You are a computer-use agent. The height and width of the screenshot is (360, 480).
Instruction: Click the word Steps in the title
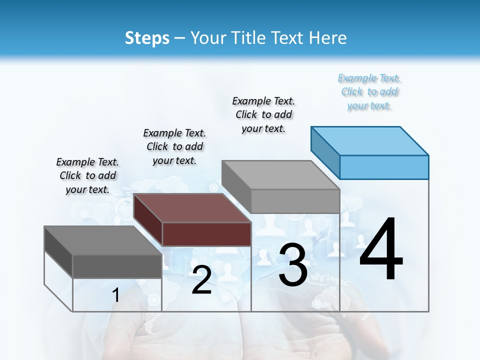click(147, 38)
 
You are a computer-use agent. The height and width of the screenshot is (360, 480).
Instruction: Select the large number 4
click(381, 250)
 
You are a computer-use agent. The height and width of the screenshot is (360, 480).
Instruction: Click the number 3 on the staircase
click(292, 264)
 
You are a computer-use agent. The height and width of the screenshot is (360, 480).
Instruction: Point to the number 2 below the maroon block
click(201, 280)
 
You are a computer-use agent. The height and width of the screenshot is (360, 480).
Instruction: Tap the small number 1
click(115, 295)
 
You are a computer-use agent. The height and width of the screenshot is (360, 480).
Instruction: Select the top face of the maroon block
click(192, 207)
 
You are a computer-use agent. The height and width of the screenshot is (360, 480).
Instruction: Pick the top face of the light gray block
click(280, 174)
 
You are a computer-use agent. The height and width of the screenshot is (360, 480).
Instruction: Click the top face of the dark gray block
click(103, 240)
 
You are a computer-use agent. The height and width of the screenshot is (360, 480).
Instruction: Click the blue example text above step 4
click(369, 92)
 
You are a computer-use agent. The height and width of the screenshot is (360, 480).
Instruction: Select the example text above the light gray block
click(263, 114)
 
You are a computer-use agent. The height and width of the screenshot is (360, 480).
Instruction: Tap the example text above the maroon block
click(174, 146)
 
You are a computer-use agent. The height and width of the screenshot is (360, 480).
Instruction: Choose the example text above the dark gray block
click(87, 175)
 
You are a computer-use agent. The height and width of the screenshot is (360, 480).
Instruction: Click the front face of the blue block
click(384, 167)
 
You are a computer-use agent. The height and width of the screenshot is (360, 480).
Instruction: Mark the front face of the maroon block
click(206, 234)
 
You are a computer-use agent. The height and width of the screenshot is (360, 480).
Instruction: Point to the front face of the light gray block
click(295, 201)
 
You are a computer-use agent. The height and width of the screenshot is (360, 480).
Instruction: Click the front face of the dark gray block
click(117, 266)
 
